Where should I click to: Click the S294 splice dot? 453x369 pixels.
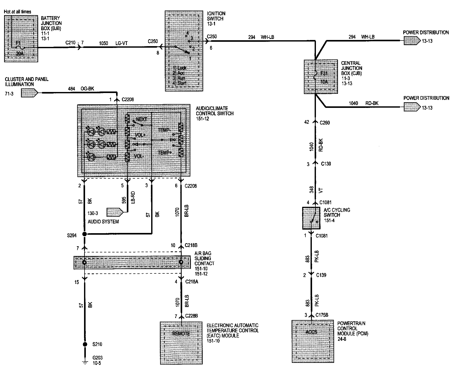click(x=84, y=234)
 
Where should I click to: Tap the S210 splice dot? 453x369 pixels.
click(x=85, y=344)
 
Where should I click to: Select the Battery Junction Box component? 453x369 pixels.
click(x=21, y=38)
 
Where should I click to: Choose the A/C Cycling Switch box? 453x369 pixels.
click(x=311, y=218)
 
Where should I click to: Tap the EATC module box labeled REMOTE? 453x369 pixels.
click(x=181, y=343)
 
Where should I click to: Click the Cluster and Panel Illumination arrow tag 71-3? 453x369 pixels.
click(x=29, y=93)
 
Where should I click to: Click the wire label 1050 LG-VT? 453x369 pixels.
click(x=114, y=44)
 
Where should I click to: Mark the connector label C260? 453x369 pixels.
click(x=325, y=122)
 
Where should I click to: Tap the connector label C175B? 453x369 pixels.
click(x=322, y=315)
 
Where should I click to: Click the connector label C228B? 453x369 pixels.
click(x=191, y=316)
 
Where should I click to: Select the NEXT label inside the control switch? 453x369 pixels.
click(x=141, y=119)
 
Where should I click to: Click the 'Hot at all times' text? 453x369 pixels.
click(x=18, y=12)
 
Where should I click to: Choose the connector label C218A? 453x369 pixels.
click(x=191, y=282)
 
